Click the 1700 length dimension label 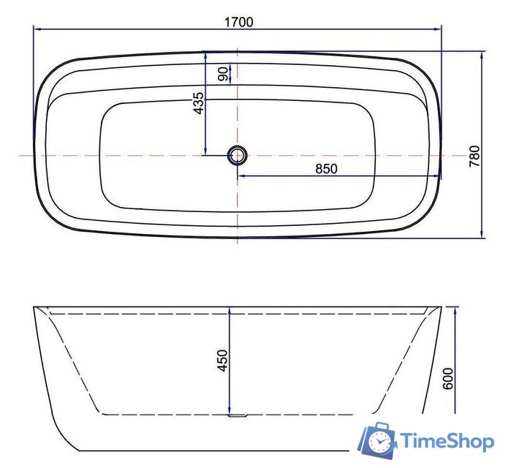click(x=238, y=21)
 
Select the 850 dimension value click(x=326, y=168)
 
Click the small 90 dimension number click(x=223, y=74)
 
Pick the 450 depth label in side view click(x=223, y=361)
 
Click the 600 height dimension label click(x=449, y=377)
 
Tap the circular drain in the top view click(x=238, y=155)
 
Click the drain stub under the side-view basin click(x=238, y=417)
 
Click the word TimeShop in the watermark click(x=446, y=440)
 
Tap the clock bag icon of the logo click(x=377, y=439)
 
